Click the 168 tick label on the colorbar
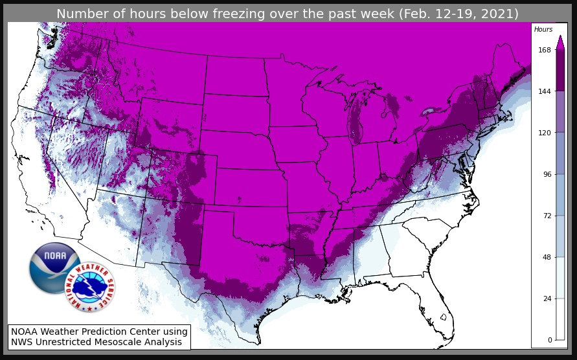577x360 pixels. click(x=544, y=50)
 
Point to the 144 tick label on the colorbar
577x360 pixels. click(x=544, y=91)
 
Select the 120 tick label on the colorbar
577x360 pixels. click(x=544, y=133)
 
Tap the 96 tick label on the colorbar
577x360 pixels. click(x=546, y=174)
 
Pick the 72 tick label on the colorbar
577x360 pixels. click(x=546, y=216)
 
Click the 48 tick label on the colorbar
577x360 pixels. click(x=546, y=257)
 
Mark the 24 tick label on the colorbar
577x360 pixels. click(x=546, y=298)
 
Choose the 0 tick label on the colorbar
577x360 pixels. click(x=549, y=340)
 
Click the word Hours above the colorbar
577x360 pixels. click(x=543, y=30)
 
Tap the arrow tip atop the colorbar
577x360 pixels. click(x=560, y=37)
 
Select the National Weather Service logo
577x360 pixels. click(x=90, y=287)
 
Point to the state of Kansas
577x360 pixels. click(x=249, y=188)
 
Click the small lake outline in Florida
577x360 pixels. click(x=443, y=317)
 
